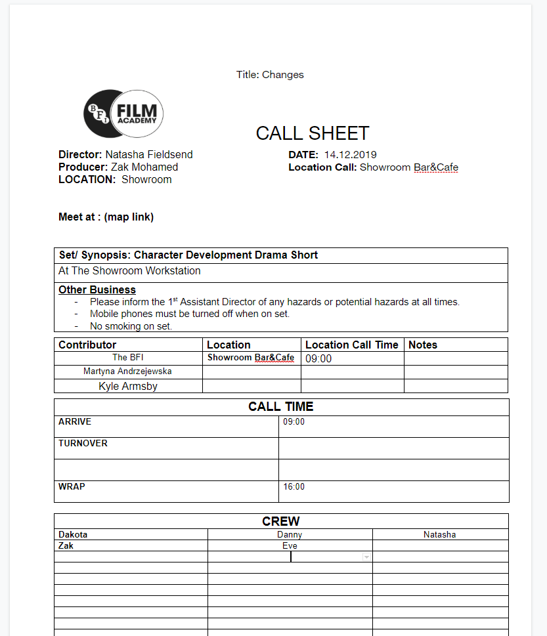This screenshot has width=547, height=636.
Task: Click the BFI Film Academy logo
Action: (x=123, y=114)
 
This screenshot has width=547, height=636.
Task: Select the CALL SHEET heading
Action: (x=312, y=133)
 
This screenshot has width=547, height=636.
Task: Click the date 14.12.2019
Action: (x=350, y=155)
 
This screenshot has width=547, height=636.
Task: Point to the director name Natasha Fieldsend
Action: (x=149, y=155)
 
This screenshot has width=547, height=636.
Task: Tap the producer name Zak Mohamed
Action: (x=144, y=167)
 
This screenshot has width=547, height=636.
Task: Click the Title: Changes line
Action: (x=270, y=75)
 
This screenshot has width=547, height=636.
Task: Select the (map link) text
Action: (x=129, y=217)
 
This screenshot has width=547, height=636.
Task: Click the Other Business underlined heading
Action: (x=97, y=290)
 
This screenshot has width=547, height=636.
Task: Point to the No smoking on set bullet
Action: (x=131, y=326)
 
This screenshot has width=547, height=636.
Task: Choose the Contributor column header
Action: (x=87, y=345)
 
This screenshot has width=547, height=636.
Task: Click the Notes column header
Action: (x=423, y=345)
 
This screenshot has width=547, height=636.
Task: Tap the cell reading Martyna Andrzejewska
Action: (x=127, y=371)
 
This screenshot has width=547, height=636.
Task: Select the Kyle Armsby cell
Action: (x=128, y=386)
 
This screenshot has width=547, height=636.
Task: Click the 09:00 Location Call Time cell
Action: (x=318, y=359)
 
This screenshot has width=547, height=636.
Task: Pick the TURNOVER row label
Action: (x=83, y=444)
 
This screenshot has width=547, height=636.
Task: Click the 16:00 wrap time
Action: (x=294, y=487)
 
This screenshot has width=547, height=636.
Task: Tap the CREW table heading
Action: (x=281, y=522)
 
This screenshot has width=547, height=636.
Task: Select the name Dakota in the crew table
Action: (x=73, y=535)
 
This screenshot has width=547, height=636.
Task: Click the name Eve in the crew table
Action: (x=290, y=546)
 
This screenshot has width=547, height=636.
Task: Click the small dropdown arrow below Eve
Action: (x=366, y=557)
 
